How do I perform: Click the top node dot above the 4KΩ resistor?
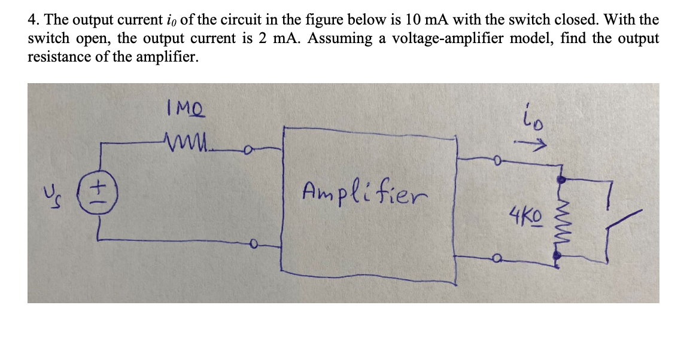pos(561,179)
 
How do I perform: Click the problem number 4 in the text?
pos(32,20)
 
